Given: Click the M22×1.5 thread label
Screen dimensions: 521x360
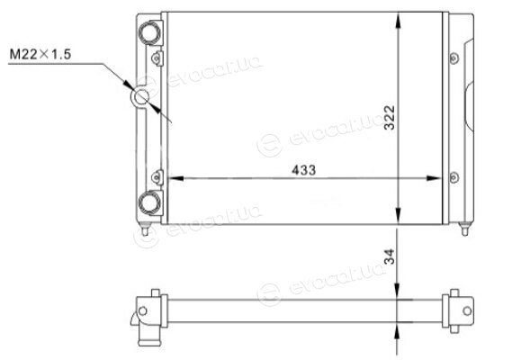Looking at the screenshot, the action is tap(40, 54).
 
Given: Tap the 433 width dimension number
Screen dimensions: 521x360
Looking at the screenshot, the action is tap(304, 170).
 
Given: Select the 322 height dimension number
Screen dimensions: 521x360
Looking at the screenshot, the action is tap(390, 118).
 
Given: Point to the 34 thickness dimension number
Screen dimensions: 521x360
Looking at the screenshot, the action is tap(390, 256).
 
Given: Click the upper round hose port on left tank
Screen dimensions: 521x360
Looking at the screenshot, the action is tap(149, 33).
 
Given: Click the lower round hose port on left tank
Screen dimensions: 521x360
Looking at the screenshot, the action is tap(149, 202).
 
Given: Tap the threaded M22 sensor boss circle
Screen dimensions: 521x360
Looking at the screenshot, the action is tap(141, 96).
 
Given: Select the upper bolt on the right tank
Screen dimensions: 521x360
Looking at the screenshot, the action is tap(454, 58).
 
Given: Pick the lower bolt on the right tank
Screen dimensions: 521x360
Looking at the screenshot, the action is tap(454, 177).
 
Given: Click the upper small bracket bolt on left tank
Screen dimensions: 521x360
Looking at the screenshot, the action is tap(157, 58).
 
